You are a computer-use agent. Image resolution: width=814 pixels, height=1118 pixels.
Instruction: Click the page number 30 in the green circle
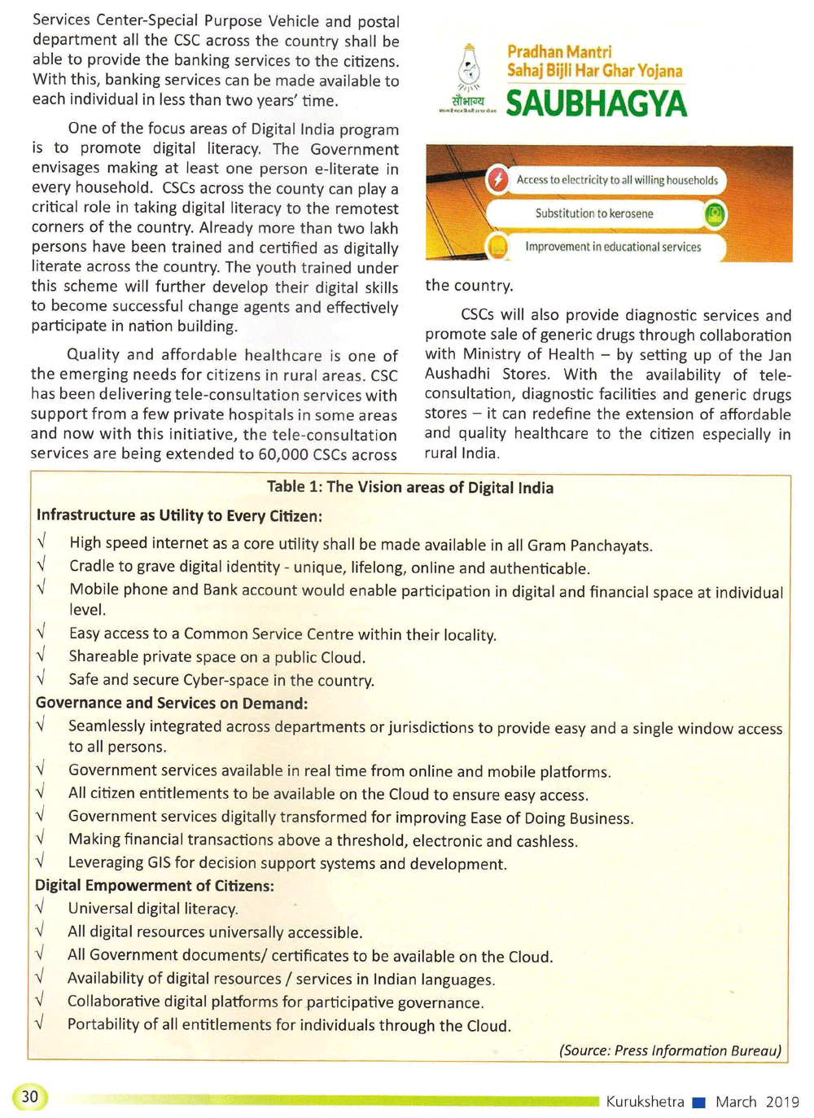(30, 1096)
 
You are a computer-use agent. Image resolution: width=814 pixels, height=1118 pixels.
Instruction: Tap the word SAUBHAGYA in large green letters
(596, 103)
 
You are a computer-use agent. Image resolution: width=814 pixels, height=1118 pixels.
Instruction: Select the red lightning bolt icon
(497, 179)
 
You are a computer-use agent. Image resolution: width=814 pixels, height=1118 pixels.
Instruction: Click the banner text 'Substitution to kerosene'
(594, 213)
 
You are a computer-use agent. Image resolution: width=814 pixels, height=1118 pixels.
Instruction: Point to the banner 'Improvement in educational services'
(612, 247)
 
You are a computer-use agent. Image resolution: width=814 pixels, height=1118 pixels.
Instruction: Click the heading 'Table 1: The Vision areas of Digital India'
(410, 487)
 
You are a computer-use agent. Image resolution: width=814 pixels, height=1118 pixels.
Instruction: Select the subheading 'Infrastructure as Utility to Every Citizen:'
(179, 515)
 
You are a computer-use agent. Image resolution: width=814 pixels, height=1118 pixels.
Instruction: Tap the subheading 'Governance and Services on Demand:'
(171, 703)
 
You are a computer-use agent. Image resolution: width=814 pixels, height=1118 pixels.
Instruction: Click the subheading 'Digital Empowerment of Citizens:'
(154, 885)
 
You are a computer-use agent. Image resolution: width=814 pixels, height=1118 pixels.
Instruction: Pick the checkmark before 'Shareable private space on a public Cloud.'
(40, 655)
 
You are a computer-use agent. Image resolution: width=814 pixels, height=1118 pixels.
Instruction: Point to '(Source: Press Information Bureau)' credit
(670, 1050)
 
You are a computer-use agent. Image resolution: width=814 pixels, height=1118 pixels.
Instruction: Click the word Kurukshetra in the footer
(645, 1102)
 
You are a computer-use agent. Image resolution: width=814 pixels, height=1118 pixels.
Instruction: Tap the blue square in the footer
(698, 1103)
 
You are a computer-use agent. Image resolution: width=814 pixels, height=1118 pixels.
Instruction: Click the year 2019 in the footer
(782, 1102)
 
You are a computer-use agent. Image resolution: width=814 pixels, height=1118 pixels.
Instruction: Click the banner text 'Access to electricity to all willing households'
(617, 180)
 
